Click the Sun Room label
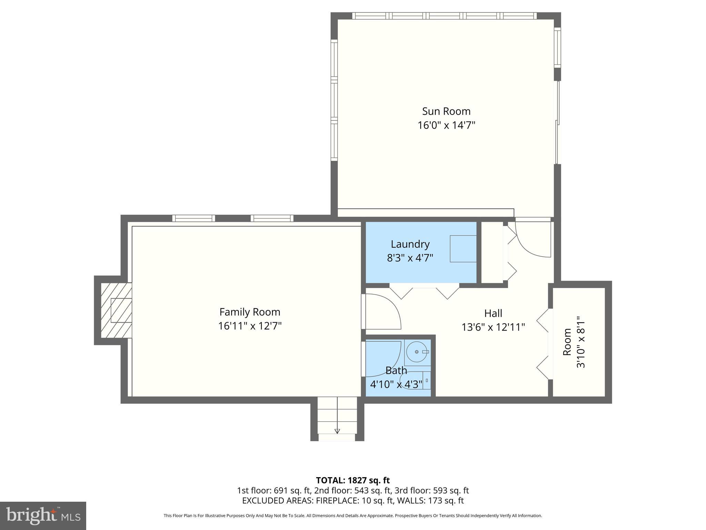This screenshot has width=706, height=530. [446, 111]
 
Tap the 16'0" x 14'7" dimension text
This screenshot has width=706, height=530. [446, 125]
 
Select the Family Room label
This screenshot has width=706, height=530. [250, 312]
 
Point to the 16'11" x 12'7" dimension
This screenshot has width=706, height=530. [250, 326]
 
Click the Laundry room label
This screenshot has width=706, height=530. [410, 244]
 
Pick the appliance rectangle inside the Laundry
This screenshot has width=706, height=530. [463, 249]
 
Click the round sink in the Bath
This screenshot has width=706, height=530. [417, 352]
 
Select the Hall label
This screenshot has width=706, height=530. [493, 313]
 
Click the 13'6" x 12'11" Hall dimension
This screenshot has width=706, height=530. [493, 327]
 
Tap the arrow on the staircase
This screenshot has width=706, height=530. [337, 431]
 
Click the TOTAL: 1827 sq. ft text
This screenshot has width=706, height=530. [352, 480]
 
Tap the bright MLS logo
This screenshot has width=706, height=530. [43, 516]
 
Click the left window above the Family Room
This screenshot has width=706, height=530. [193, 218]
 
